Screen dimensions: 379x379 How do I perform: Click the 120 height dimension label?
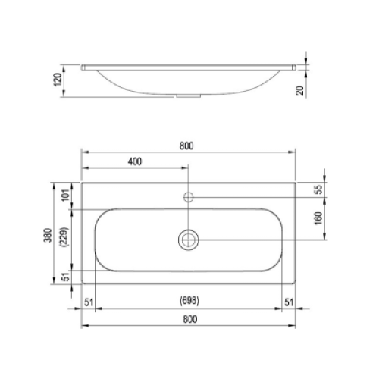click(x=58, y=80)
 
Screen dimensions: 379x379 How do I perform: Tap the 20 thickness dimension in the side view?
click(x=299, y=90)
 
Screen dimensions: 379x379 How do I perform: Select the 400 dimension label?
click(x=135, y=161)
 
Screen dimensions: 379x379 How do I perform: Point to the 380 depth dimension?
click(x=48, y=235)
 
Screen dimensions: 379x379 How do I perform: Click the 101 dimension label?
click(x=65, y=195)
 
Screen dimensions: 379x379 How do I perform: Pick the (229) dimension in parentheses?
click(x=64, y=237)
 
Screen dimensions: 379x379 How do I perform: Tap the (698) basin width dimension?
click(x=189, y=301)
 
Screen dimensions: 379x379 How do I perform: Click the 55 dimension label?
click(x=319, y=189)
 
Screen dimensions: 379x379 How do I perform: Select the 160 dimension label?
click(x=319, y=218)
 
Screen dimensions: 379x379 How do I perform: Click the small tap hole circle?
click(x=188, y=197)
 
